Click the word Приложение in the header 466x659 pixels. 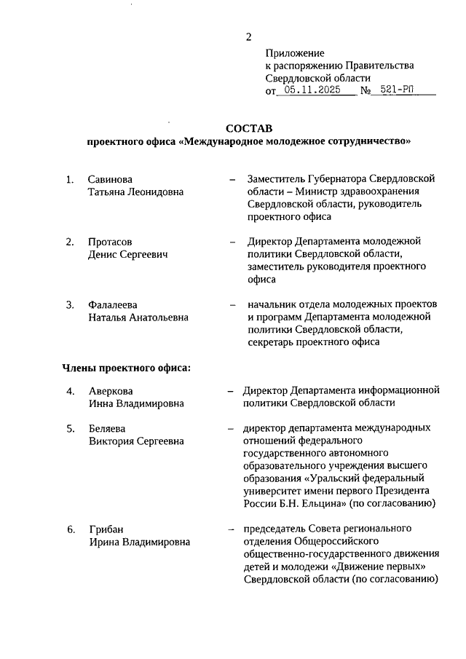point(294,52)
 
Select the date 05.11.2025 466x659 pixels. point(312,91)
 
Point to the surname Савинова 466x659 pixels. point(111,178)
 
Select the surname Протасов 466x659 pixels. point(110,241)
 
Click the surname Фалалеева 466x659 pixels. point(113,304)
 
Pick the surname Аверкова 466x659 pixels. point(111,391)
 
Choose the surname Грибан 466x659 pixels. point(106,529)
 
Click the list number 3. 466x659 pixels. point(70,304)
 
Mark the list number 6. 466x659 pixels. point(70,529)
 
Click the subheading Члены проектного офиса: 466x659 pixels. point(126,367)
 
